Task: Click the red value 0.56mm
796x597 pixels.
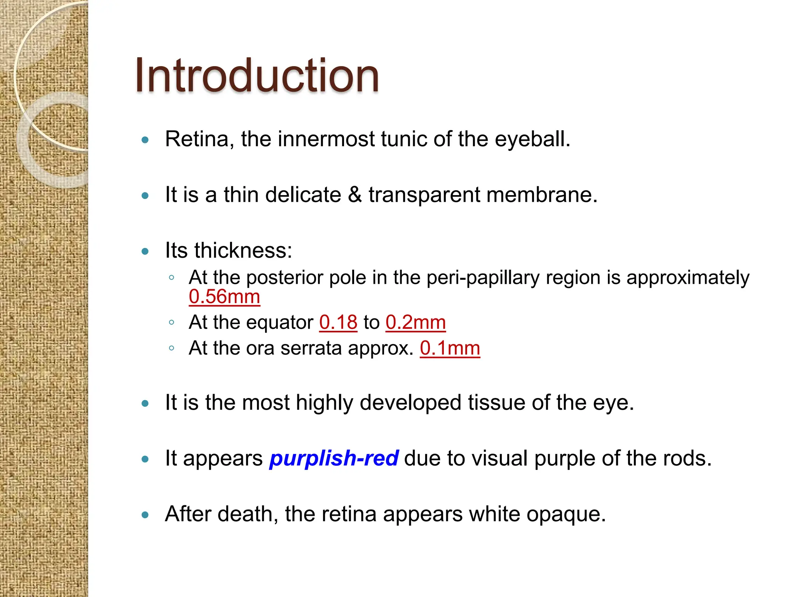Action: tap(224, 297)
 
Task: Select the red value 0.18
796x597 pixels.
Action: tap(338, 322)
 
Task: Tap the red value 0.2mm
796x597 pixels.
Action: tap(415, 322)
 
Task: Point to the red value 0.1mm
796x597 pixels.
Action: tap(450, 348)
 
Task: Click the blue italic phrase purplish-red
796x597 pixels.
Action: tap(334, 458)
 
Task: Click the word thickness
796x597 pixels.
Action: tap(243, 250)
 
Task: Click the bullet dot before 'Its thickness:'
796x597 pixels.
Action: tap(145, 251)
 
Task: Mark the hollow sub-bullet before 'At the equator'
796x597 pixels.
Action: tap(171, 322)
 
